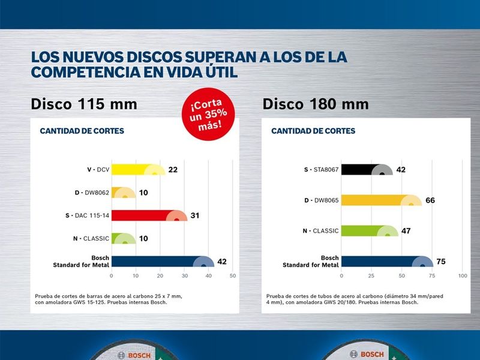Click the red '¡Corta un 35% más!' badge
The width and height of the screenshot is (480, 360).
208,114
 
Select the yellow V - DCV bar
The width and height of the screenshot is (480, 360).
139,170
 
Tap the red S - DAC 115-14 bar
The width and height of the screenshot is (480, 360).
149,215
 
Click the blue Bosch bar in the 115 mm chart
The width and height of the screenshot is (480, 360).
163,262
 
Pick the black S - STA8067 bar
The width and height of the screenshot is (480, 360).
367,170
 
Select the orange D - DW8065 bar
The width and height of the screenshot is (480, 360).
382,200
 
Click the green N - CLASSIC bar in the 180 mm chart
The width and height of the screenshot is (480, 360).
370,231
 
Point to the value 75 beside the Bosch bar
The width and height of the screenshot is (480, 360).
441,262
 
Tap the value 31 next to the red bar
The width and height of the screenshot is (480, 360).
194,215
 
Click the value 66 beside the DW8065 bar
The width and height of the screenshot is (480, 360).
430,200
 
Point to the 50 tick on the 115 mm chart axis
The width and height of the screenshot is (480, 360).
233,276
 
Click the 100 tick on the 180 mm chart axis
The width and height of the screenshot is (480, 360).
463,276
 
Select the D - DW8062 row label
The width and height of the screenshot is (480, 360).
92,193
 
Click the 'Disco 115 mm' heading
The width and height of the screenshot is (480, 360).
84,104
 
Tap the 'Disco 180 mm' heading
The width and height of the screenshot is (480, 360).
316,104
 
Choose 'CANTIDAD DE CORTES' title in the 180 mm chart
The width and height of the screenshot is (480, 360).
313,131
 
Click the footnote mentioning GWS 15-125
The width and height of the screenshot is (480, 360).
109,299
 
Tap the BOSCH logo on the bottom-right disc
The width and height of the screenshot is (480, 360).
367,354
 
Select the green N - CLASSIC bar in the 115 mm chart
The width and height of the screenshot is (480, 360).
124,238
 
